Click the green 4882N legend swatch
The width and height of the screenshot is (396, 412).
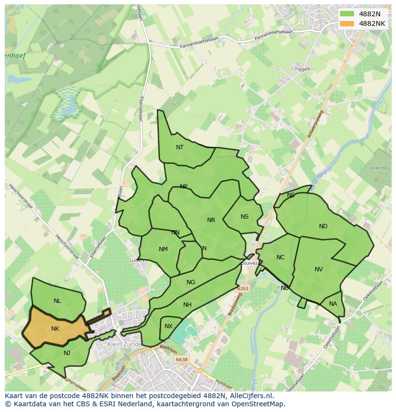347,14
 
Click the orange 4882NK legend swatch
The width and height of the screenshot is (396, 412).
347,23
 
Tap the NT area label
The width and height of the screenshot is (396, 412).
180,147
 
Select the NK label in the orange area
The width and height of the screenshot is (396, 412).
55,329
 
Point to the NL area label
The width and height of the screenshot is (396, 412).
57,301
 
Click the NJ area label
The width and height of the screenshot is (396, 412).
67,353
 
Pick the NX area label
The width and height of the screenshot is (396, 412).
168,326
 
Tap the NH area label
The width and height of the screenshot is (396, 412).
187,305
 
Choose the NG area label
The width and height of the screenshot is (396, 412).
191,282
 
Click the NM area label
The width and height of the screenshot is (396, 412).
163,249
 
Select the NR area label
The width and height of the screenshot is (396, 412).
211,220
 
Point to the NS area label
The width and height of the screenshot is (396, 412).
244,217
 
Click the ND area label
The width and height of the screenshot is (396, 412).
323,226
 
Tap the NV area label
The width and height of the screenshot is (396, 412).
319,269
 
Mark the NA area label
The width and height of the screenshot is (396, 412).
333,304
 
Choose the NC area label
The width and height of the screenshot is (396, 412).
280,257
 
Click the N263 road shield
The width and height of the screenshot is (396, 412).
243,290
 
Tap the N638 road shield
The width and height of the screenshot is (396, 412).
181,359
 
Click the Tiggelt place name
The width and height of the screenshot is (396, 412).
302,69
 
